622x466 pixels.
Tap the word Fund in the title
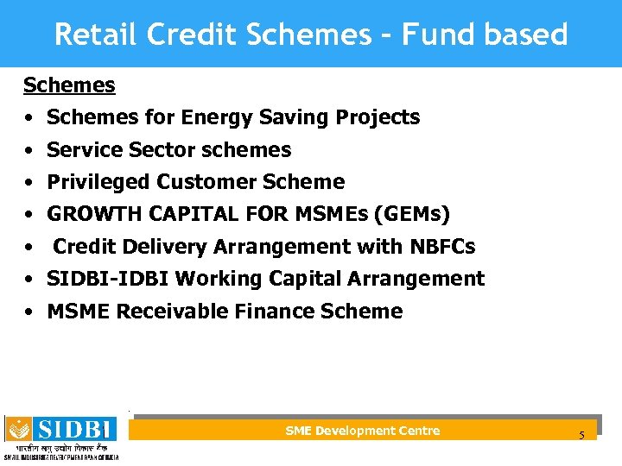coord(427,35)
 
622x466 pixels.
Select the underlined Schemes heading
coord(69,85)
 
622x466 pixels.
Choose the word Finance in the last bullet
coord(273,312)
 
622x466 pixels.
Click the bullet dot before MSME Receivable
coord(29,312)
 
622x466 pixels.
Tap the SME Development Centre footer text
coord(362,431)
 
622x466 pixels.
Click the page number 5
coord(581,435)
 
